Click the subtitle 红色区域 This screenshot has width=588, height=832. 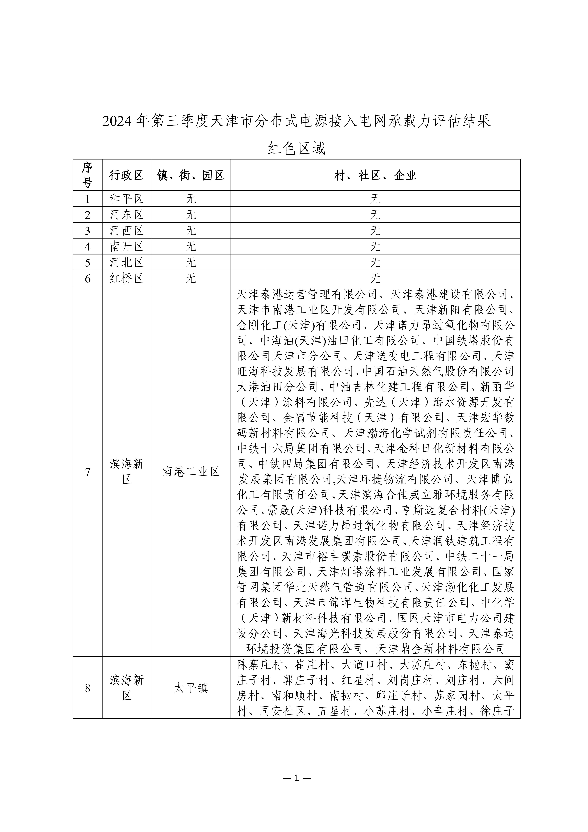[x=296, y=148]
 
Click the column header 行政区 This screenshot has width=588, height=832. [x=126, y=175]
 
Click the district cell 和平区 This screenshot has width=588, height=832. [x=126, y=199]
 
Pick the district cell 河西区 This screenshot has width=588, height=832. [x=126, y=230]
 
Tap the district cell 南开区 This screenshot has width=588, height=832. [x=126, y=246]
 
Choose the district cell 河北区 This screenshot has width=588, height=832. [x=126, y=262]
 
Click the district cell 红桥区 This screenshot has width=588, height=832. [x=126, y=278]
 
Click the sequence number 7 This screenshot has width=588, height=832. [x=87, y=472]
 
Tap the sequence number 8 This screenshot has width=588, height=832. [x=87, y=689]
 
